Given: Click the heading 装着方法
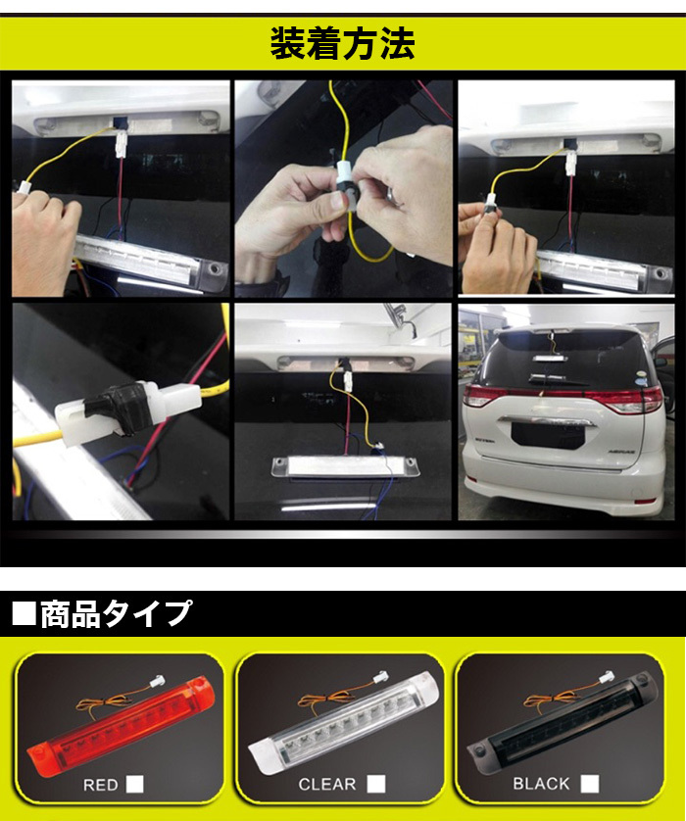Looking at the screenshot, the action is click(x=342, y=43).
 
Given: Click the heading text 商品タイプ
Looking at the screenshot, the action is click(x=116, y=613).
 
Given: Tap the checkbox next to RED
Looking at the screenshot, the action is click(x=134, y=784).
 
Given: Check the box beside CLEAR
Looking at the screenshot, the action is click(x=376, y=784).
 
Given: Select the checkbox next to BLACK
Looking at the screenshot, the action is click(x=590, y=784).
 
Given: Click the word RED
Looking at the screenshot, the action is click(x=101, y=785).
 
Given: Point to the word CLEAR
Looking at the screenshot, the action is click(x=327, y=785).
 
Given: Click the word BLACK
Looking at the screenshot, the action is click(x=541, y=784).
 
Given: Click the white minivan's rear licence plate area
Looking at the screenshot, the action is click(x=546, y=435).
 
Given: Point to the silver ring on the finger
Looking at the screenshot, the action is click(x=392, y=194).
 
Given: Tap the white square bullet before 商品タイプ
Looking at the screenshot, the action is click(x=24, y=614).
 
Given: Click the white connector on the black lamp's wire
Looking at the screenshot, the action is click(x=607, y=676).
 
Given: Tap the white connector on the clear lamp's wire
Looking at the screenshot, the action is click(x=380, y=678).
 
